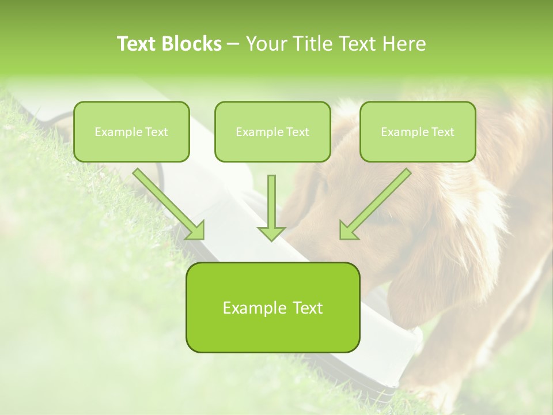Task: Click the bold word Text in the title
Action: pos(139,44)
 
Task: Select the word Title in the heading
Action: pos(315,44)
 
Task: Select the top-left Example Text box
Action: pos(131,131)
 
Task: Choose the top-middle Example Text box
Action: pos(272,131)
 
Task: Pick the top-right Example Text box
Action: pos(418,131)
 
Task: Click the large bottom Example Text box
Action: pos(272,307)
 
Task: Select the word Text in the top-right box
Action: pos(442,132)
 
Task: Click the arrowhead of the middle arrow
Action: pos(271,233)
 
